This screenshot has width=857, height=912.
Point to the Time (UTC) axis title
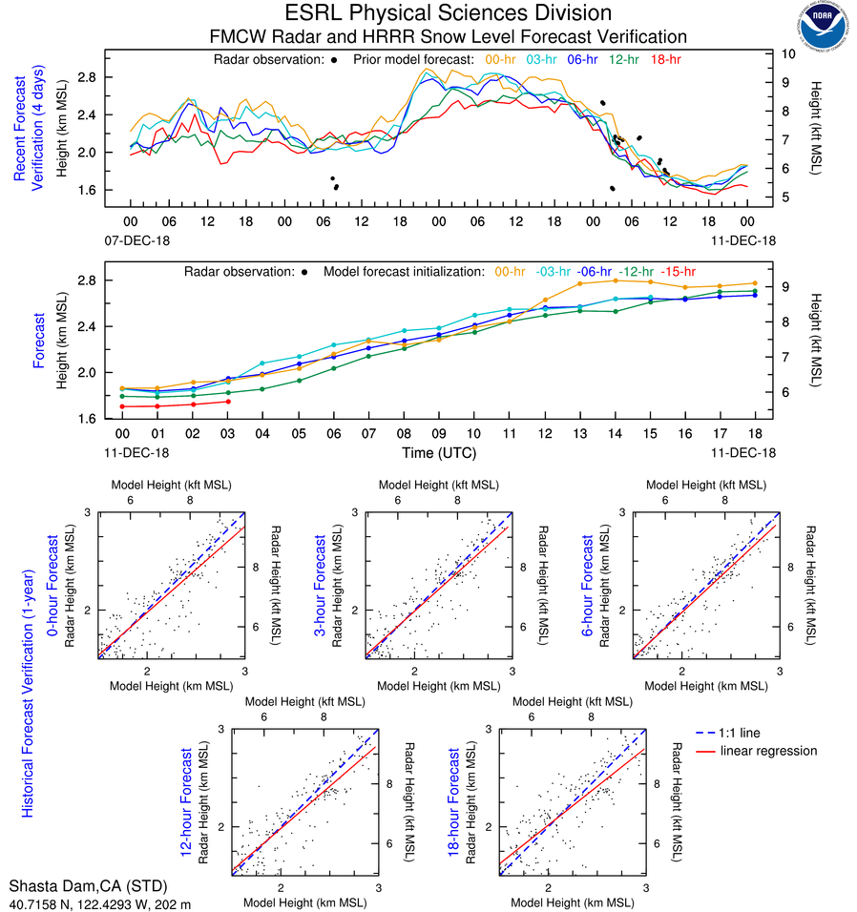[x=439, y=452]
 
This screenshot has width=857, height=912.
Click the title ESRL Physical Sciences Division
[x=448, y=13]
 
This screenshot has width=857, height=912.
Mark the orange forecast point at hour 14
[x=616, y=280]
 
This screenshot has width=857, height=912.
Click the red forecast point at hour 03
[x=227, y=402]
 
